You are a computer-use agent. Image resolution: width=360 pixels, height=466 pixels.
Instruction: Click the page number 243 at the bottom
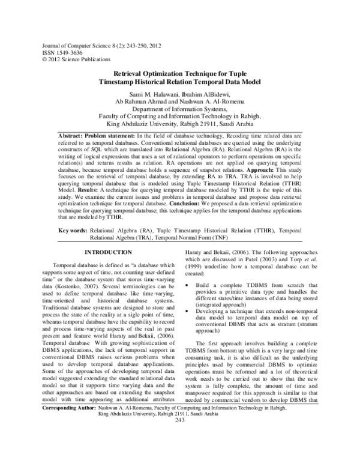pos(179,453)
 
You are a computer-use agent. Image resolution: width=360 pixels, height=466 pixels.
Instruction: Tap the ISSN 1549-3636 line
pos(62,53)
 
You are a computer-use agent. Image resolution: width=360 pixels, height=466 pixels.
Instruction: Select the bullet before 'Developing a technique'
pos(190,311)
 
